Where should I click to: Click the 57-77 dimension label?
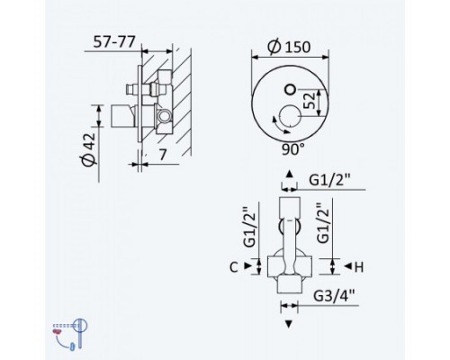pos(114,41)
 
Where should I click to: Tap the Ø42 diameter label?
pos(89,149)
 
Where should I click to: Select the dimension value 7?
pos(162,155)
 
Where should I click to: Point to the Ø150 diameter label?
pos(290,47)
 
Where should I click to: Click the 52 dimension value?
pos(310,101)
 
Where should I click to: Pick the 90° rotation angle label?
pos(293,149)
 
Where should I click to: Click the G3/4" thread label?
pos(334,296)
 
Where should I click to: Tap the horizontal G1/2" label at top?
pos(329,181)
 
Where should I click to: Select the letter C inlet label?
pos(234,266)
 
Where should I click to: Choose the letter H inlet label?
pos(359,266)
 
